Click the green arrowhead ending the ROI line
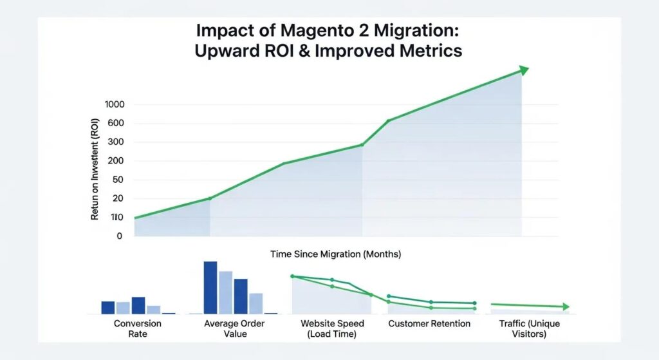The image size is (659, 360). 524,70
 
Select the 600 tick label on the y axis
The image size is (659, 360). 116,123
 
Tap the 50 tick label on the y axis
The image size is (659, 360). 118,180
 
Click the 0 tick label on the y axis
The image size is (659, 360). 120,236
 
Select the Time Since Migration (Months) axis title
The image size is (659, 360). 335,254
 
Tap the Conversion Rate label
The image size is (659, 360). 138,328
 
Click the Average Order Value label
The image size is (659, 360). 234,328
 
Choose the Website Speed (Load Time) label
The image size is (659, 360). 332,328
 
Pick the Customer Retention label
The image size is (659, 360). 429,323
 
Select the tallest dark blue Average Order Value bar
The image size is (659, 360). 210,287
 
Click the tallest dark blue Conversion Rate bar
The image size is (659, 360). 138,305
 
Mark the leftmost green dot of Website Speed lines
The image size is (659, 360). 293,276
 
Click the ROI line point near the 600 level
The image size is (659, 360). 388,120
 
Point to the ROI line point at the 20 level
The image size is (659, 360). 210,198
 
